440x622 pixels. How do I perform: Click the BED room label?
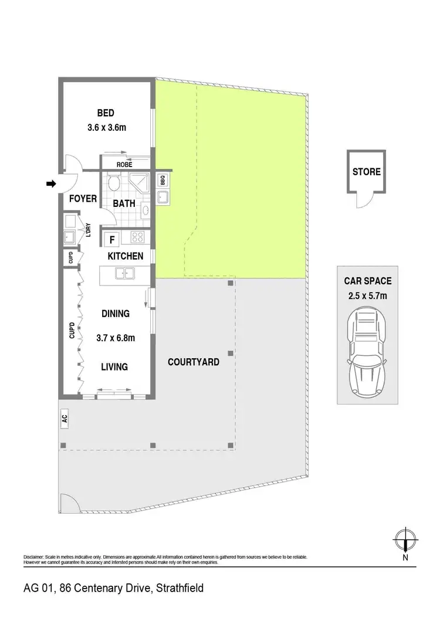click(106, 113)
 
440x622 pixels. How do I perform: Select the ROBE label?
click(124, 165)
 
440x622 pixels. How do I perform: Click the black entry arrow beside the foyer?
click(51, 184)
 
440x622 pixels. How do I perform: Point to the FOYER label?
click(83, 199)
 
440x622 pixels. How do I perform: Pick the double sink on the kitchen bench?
click(124, 273)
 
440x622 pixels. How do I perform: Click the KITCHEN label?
click(125, 256)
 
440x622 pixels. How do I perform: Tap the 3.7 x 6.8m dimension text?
click(116, 338)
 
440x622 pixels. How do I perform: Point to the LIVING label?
click(114, 367)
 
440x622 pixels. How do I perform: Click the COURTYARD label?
click(194, 362)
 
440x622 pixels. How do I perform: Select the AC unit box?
click(65, 419)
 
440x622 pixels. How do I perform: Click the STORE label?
click(367, 172)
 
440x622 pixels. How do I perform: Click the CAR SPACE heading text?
click(367, 281)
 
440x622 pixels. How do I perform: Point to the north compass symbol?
click(405, 538)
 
